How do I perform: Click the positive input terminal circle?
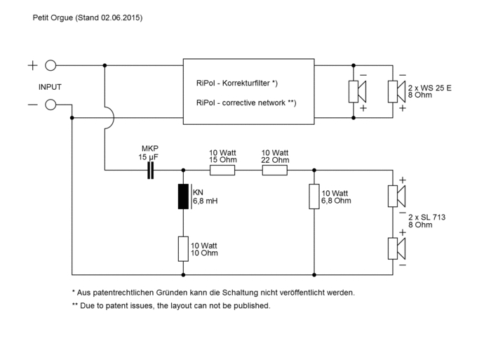(x=51, y=65)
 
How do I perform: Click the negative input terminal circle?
(x=51, y=105)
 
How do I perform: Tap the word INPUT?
(x=50, y=87)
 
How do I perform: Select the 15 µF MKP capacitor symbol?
(x=151, y=170)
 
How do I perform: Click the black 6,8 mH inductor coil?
(x=183, y=196)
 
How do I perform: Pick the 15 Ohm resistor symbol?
(x=222, y=170)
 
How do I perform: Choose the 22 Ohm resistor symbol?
(x=275, y=170)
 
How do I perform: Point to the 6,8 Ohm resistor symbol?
(x=314, y=196)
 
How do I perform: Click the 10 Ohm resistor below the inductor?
(x=183, y=249)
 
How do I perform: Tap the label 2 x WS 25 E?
(x=429, y=88)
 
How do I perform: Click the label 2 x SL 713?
(x=426, y=217)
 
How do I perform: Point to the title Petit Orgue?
(x=53, y=18)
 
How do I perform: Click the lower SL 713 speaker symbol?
(x=397, y=249)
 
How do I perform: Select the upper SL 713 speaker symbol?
(x=397, y=196)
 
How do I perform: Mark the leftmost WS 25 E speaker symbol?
(x=358, y=91)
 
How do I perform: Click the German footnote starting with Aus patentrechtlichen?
(x=213, y=293)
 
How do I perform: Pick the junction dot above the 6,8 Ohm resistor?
(x=314, y=170)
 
